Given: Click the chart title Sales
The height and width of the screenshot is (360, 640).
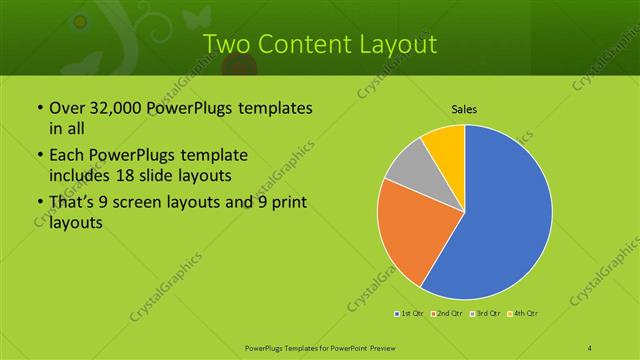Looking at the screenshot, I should tap(463, 107).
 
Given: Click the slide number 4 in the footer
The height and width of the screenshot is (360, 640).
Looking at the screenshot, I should tap(591, 347).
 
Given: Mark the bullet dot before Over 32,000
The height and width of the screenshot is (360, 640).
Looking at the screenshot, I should tap(38, 108).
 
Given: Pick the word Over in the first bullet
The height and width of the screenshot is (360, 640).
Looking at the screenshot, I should tap(67, 107).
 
